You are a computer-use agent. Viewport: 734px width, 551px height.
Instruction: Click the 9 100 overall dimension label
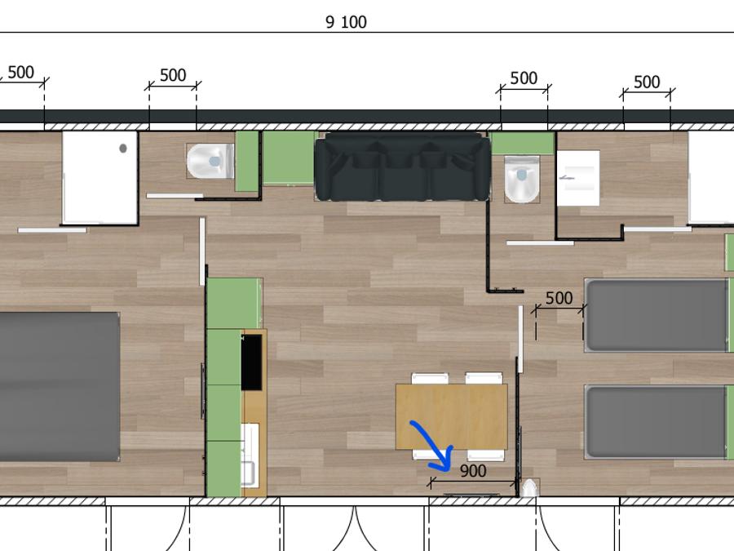346,21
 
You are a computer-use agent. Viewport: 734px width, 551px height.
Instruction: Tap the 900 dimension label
473,471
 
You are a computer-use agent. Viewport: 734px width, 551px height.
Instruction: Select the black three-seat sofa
402,167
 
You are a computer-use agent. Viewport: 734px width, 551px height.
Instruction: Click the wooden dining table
452,416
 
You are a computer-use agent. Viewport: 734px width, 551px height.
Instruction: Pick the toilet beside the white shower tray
210,161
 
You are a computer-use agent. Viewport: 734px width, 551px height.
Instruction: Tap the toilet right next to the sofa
521,179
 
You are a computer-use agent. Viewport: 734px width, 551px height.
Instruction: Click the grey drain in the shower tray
123,148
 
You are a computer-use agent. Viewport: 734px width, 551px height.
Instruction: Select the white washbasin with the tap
578,178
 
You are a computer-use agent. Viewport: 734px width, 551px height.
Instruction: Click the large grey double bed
59,387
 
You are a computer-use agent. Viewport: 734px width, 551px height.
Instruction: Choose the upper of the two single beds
657,315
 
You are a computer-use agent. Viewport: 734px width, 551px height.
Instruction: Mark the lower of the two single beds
657,422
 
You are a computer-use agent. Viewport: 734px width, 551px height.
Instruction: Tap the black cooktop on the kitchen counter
251,362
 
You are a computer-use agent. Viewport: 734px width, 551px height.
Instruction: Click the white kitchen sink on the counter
250,454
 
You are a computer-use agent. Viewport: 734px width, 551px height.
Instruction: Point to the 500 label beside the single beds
559,298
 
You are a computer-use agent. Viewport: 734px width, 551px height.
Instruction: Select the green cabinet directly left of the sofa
289,158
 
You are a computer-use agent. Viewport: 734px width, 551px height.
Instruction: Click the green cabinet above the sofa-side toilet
523,144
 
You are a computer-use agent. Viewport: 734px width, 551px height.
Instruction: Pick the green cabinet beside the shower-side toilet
246,161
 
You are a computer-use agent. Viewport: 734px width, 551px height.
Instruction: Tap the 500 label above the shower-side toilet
173,75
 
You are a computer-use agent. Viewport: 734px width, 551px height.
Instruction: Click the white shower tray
100,178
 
